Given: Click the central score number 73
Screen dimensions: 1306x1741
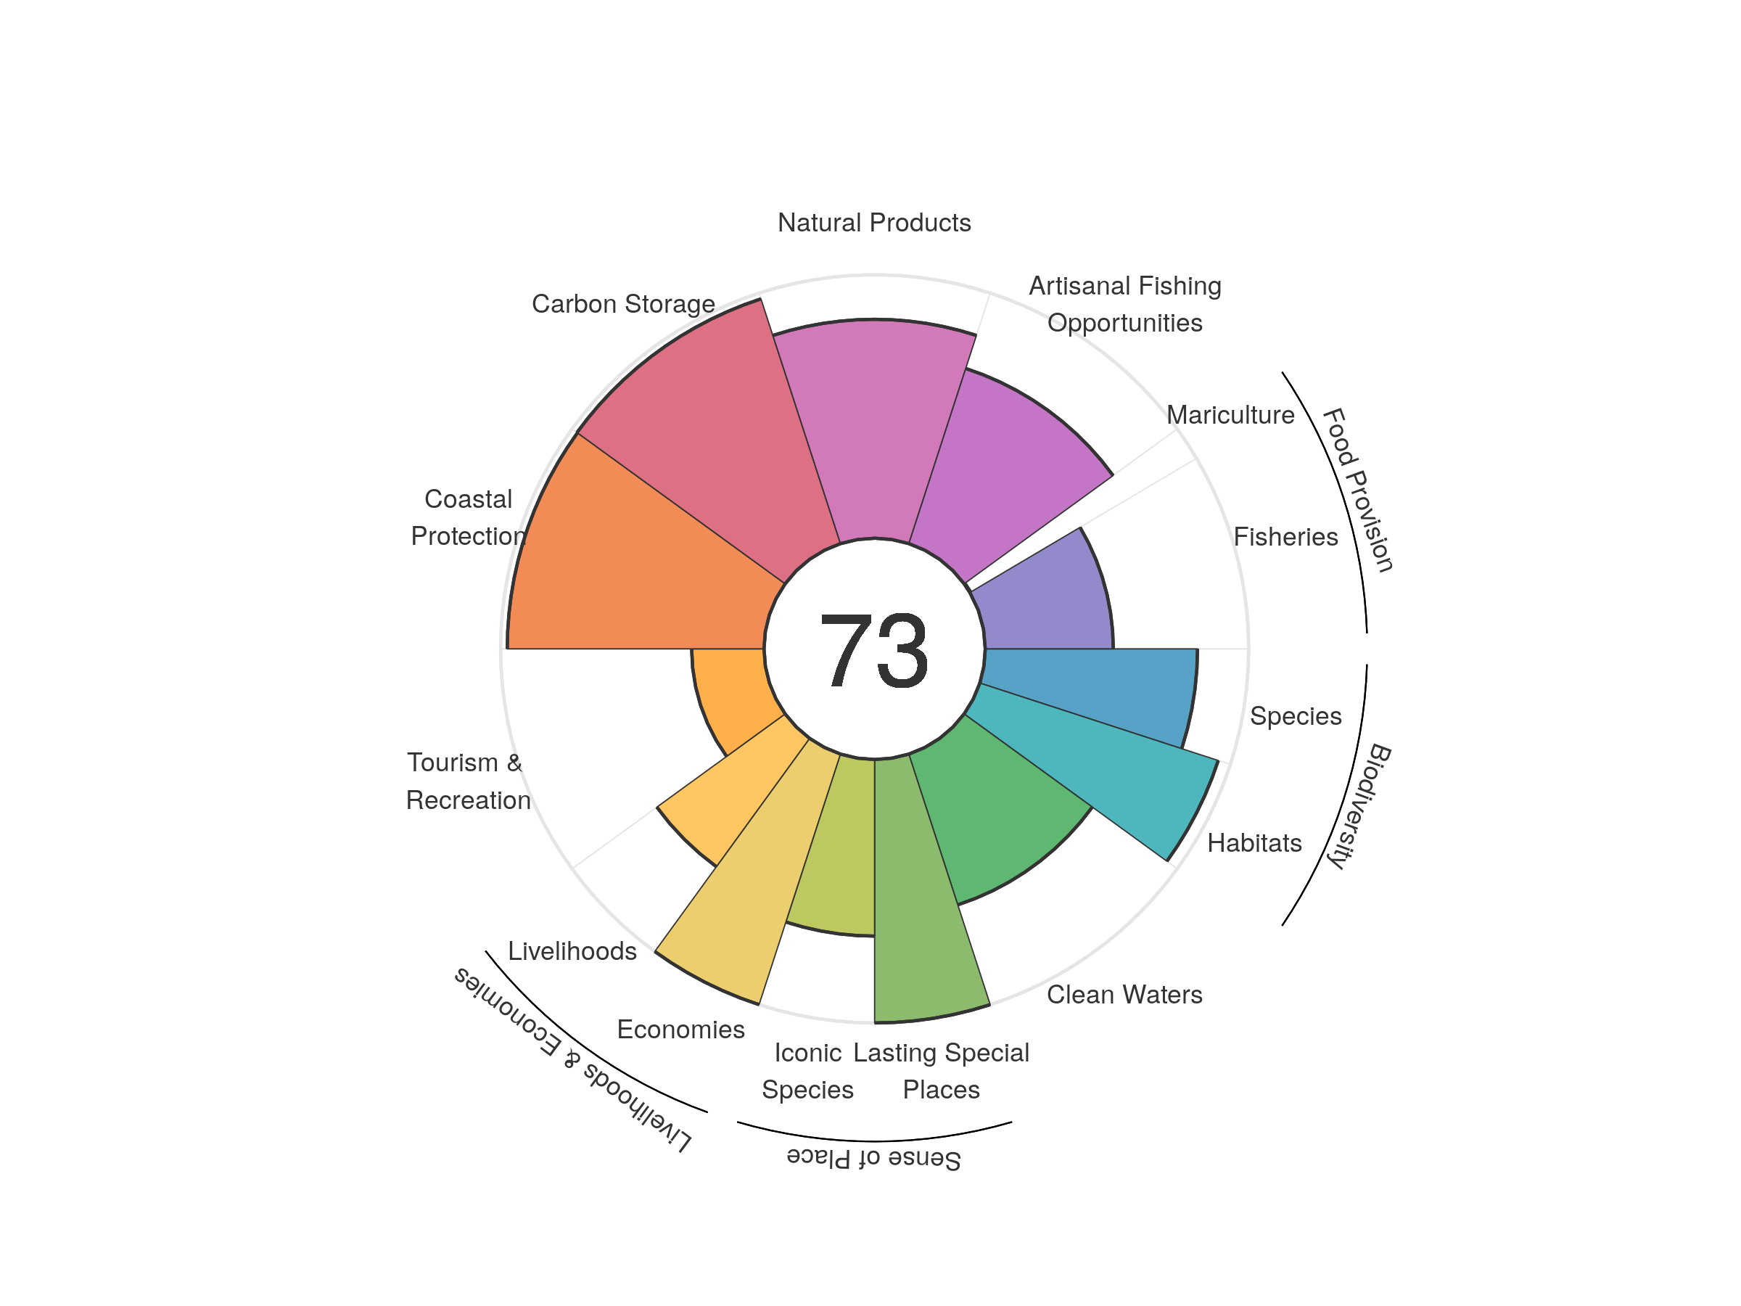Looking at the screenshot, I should coord(873,650).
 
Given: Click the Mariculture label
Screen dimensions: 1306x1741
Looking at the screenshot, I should coord(1230,415).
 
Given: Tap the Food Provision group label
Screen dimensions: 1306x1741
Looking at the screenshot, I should coord(1358,490).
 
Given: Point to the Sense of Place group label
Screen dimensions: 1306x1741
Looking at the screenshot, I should coord(873,1159).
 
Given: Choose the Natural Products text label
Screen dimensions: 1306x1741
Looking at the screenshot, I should coord(873,223).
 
